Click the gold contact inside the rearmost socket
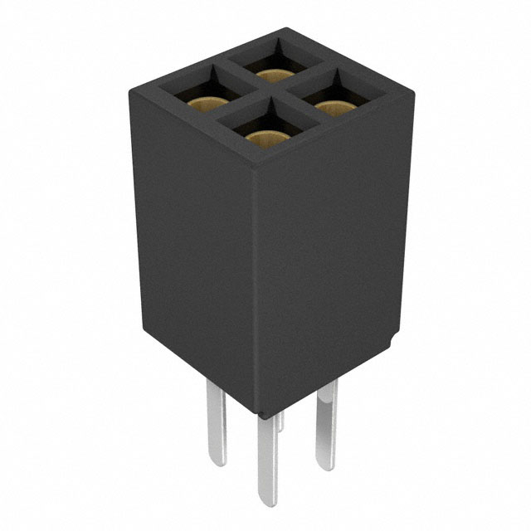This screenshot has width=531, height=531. click(x=272, y=75)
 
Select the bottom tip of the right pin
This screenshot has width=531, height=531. click(x=325, y=467)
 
